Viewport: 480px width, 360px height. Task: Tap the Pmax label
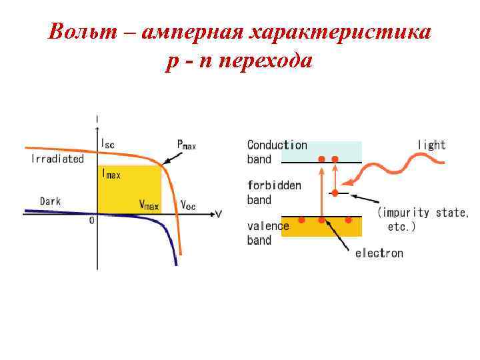pos(187,144)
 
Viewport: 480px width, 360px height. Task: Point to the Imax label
pos(111,174)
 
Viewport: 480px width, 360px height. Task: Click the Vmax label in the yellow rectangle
pos(149,205)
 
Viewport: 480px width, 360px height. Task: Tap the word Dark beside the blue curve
pos(51,200)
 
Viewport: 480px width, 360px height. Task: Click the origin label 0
pos(92,221)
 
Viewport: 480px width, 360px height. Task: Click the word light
pos(431,145)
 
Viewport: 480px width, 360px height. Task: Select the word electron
pos(379,253)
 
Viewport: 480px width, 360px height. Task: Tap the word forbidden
pos(274,185)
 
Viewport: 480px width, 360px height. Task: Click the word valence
pos(268,226)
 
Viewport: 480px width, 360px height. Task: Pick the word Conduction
pos(277,145)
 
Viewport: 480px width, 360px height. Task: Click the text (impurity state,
pos(423,213)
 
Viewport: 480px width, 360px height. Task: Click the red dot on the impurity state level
pos(335,193)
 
